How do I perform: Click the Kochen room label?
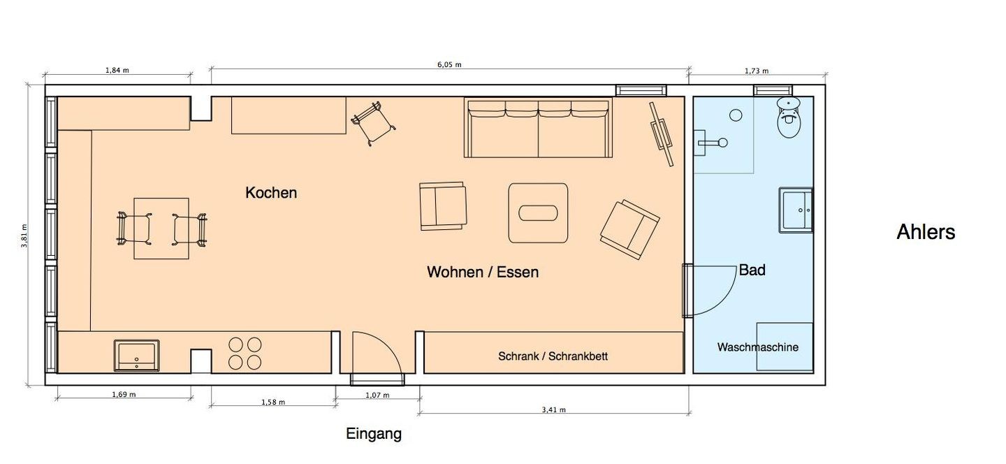(x=271, y=193)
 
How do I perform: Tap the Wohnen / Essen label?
(x=483, y=272)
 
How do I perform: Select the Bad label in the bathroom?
(x=752, y=270)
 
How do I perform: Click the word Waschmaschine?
(x=757, y=347)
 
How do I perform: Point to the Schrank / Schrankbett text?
(x=553, y=356)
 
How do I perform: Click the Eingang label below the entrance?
(x=374, y=434)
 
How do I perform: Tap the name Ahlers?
(x=926, y=232)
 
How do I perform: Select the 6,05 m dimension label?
(x=450, y=65)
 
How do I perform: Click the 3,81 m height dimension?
(x=24, y=235)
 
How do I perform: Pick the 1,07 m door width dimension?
(x=377, y=396)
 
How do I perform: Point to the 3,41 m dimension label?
(x=554, y=409)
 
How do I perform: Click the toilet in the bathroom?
(x=789, y=117)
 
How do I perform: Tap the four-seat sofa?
(x=538, y=128)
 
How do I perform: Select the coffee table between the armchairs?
(x=538, y=213)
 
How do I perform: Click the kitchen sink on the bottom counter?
(x=136, y=355)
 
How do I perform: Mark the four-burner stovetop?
(x=245, y=354)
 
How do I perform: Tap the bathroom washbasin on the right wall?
(x=796, y=210)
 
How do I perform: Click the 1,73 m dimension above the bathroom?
(x=757, y=71)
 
